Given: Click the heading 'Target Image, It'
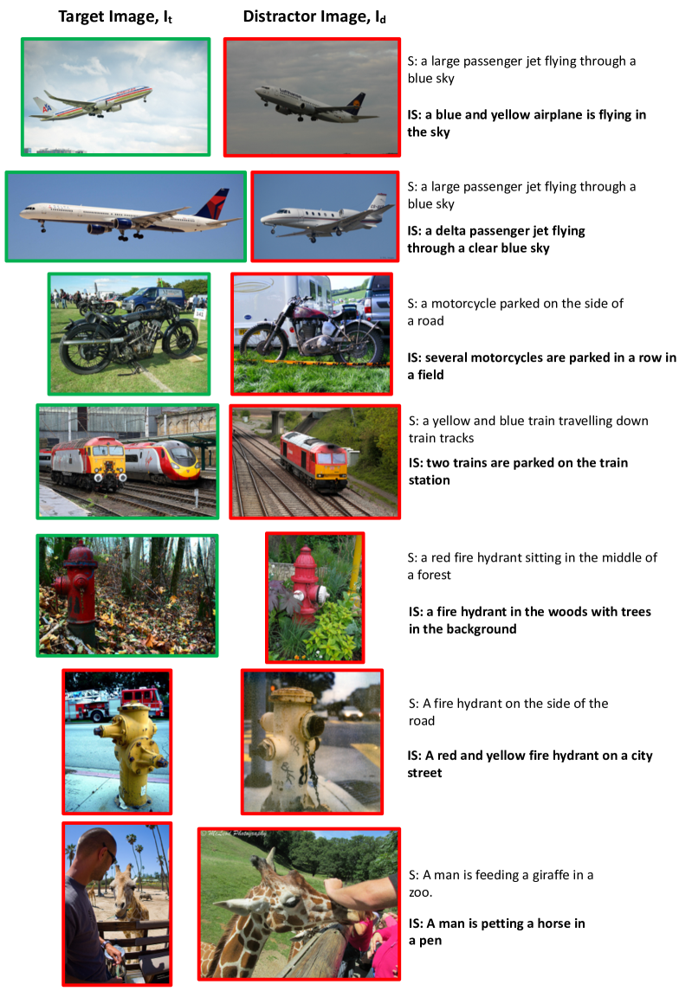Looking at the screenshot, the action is click(x=115, y=17).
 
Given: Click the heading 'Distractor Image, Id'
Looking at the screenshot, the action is click(x=314, y=17).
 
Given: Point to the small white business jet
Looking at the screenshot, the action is click(x=325, y=218).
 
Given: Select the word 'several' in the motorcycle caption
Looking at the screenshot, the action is click(x=445, y=357).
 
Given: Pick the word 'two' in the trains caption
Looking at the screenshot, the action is click(x=436, y=463).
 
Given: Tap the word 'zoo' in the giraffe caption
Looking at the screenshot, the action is click(x=418, y=892).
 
